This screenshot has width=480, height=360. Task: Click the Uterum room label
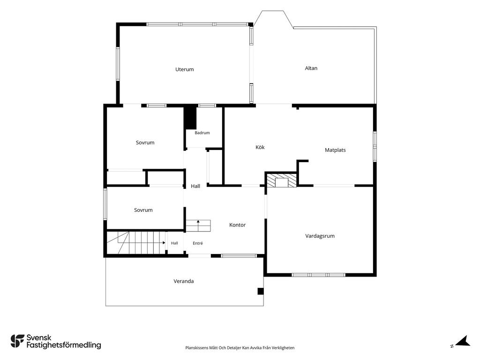(185, 69)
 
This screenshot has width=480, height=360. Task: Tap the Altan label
(311, 68)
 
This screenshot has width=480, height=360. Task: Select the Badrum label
(202, 133)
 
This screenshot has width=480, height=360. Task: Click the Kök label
(260, 147)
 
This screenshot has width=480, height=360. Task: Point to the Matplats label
(335, 150)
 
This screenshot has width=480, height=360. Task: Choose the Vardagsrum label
(320, 236)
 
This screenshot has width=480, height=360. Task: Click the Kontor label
(238, 225)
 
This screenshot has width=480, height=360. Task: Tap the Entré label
(198, 243)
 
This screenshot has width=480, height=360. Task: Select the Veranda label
(184, 281)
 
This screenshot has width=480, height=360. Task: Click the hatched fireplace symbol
(282, 180)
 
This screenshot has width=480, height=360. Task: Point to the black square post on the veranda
(261, 291)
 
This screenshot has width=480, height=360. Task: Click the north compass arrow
(463, 341)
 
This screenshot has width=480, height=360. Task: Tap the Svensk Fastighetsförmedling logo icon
(17, 341)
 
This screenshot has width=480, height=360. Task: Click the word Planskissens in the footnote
(196, 348)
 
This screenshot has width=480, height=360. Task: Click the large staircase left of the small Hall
(136, 243)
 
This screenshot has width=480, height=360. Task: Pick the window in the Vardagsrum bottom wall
(319, 275)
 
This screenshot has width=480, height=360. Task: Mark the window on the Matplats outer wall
(375, 147)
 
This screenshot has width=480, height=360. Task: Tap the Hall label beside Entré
(174, 243)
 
